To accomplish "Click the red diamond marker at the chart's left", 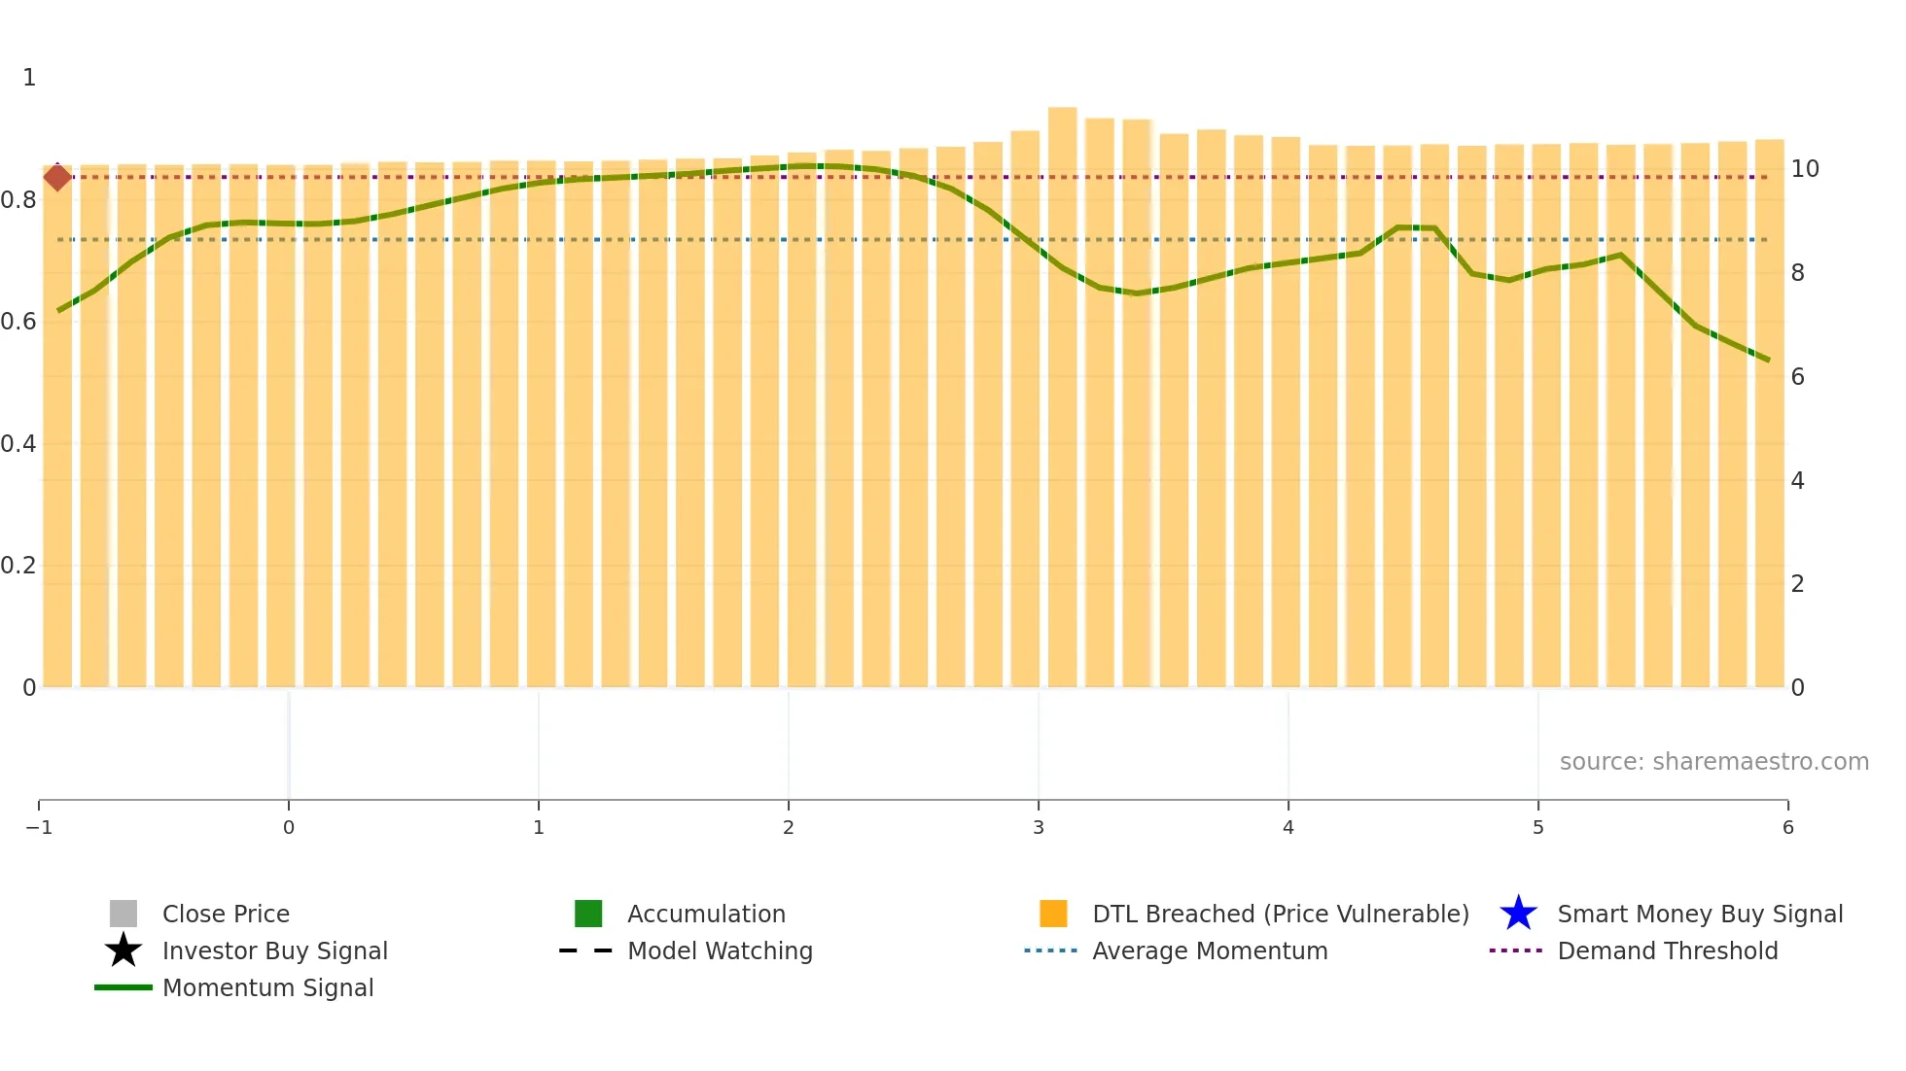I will pyautogui.click(x=57, y=177).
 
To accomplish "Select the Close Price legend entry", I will pyautogui.click(x=225, y=914).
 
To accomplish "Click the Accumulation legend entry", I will pyautogui.click(x=705, y=914).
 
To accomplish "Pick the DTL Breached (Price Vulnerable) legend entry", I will pyautogui.click(x=1279, y=914).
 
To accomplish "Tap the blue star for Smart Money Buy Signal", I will pyautogui.click(x=1518, y=914).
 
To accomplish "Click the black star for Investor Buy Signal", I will pyautogui.click(x=124, y=950).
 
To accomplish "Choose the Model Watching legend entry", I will pyautogui.click(x=719, y=950).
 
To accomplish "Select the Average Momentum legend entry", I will pyautogui.click(x=1209, y=950).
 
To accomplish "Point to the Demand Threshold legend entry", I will pyautogui.click(x=1667, y=950).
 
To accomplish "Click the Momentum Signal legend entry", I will pyautogui.click(x=267, y=987).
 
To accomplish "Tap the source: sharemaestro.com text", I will pyautogui.click(x=1713, y=761).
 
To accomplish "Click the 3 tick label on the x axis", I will pyautogui.click(x=1039, y=827).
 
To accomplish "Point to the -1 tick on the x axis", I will pyautogui.click(x=39, y=827).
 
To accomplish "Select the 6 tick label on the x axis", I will pyautogui.click(x=1787, y=827).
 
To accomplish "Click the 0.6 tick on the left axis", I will pyautogui.click(x=18, y=322).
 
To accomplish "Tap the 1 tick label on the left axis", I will pyautogui.click(x=29, y=78).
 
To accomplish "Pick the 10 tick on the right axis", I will pyautogui.click(x=1805, y=169).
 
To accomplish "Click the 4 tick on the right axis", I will pyautogui.click(x=1797, y=480).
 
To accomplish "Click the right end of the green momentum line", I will pyautogui.click(x=1768, y=360).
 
